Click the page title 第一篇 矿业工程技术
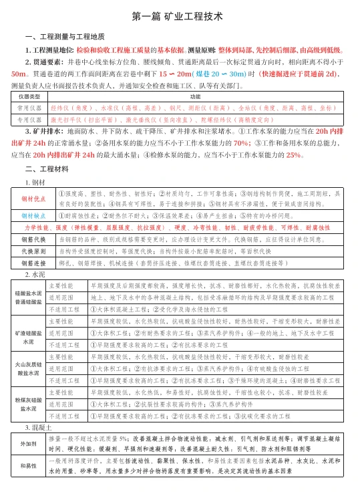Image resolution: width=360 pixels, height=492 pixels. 180,15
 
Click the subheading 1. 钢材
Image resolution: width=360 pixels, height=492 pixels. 35,182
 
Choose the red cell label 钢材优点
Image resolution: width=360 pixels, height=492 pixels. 33,199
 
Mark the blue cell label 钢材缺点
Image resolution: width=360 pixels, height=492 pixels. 33,216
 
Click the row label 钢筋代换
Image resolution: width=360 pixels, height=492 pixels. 33,239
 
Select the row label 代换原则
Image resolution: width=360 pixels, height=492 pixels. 33,251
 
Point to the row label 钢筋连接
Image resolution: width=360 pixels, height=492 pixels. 33,263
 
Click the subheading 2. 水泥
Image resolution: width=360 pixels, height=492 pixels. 35,275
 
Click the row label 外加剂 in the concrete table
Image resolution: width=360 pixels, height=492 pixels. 29,443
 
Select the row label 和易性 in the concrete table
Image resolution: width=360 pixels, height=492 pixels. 29,465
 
